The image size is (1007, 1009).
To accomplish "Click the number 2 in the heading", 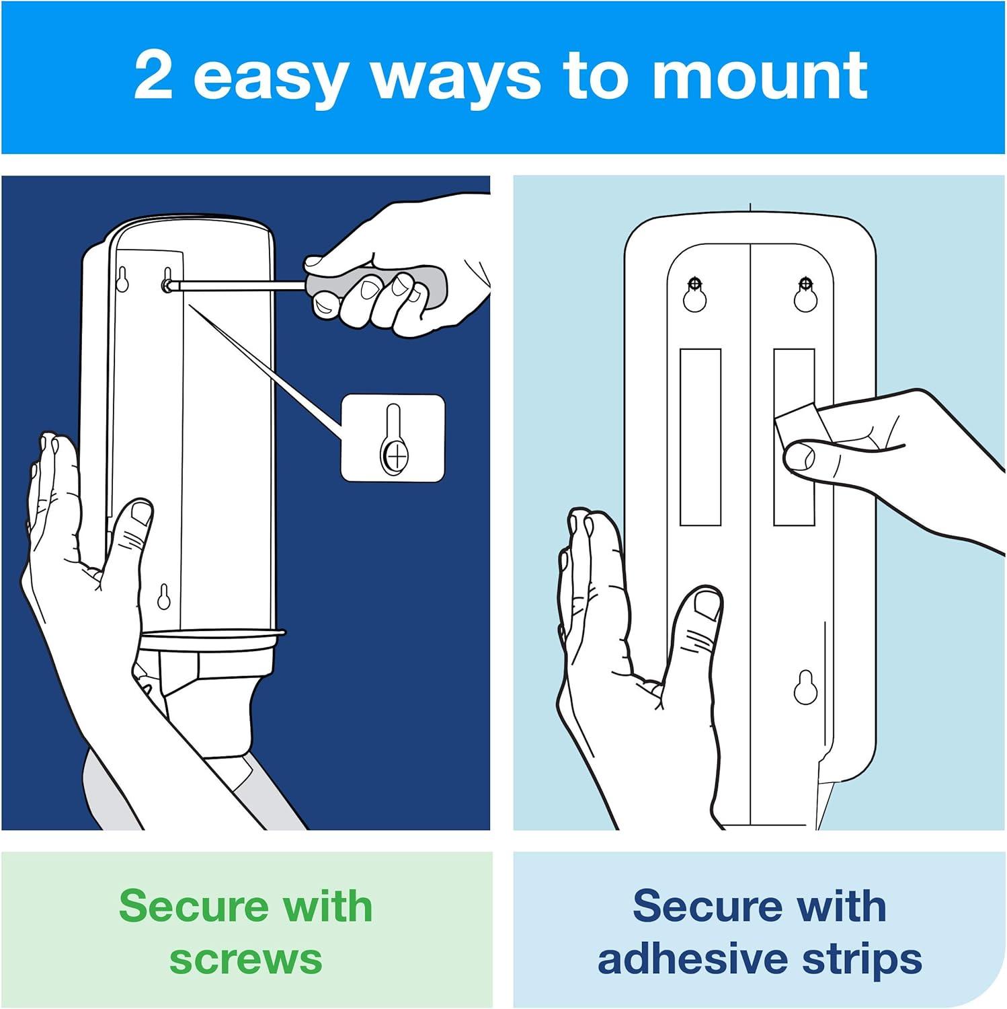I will [153, 75].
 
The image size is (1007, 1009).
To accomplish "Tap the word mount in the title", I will [760, 75].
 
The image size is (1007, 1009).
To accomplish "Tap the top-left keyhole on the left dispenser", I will [122, 279].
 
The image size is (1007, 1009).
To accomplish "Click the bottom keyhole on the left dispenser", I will [163, 597].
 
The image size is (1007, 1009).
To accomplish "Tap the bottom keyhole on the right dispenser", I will [805, 687].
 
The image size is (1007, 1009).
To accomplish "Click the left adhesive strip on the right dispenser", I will [700, 437].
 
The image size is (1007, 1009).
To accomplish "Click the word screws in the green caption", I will [246, 959].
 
